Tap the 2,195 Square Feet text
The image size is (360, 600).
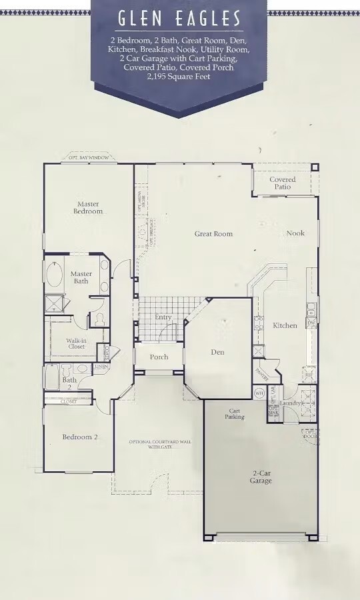(x=179, y=77)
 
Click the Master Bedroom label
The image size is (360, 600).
(x=88, y=207)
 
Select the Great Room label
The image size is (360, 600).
(x=213, y=234)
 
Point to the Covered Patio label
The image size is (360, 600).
(x=283, y=183)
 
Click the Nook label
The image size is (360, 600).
(x=295, y=233)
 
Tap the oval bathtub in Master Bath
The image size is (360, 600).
(x=55, y=275)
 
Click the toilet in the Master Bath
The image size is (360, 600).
(x=99, y=319)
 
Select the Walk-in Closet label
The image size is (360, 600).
(x=75, y=343)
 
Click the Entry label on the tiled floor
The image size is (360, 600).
(x=163, y=317)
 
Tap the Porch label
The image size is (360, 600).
(x=159, y=357)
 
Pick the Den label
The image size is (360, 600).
(x=217, y=352)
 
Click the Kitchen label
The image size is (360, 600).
(x=285, y=325)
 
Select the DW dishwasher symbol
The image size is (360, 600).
(x=311, y=323)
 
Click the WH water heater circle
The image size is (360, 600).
(x=259, y=393)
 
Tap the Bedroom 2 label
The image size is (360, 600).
(x=80, y=437)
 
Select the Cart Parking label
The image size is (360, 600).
(x=235, y=414)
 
